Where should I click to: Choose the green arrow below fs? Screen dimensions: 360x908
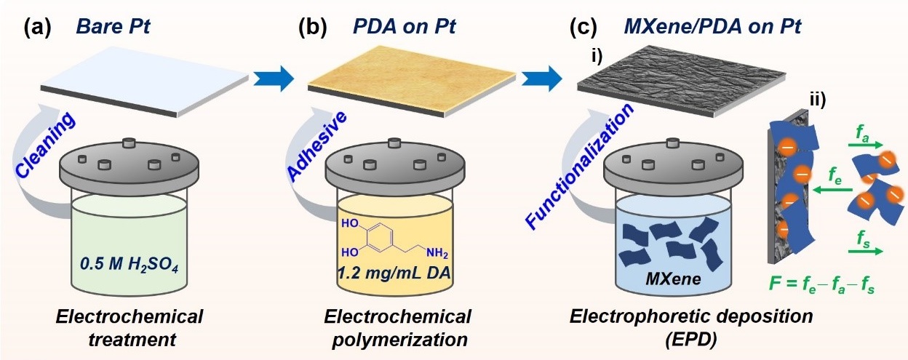(867, 251)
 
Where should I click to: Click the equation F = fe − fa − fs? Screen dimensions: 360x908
(822, 284)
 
